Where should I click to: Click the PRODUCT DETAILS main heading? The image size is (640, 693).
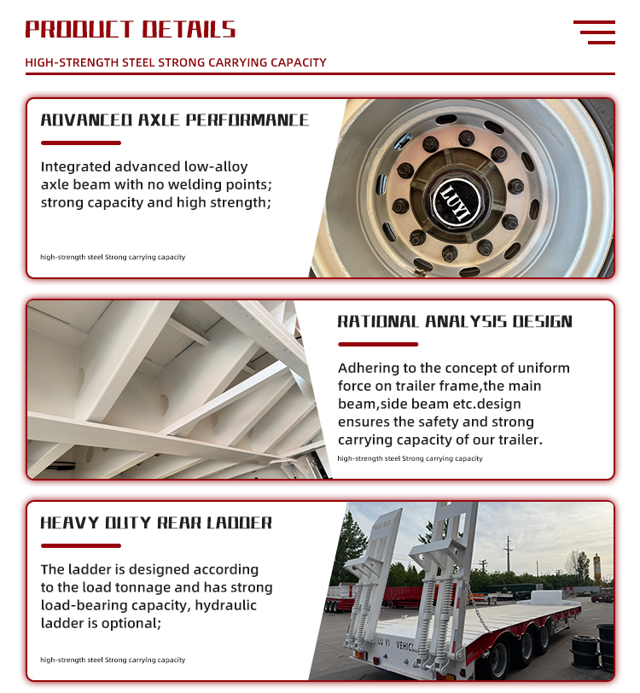[130, 30]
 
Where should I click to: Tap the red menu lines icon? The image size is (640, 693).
[595, 32]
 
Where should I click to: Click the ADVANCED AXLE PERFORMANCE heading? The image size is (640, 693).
[174, 120]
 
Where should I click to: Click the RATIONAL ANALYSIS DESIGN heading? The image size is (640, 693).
[455, 322]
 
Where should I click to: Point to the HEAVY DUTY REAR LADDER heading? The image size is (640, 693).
[156, 522]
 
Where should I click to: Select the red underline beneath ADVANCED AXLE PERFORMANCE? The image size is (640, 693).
[81, 143]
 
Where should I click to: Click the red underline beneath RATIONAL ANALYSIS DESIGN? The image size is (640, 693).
[378, 345]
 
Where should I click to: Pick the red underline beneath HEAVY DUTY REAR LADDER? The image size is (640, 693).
[81, 545]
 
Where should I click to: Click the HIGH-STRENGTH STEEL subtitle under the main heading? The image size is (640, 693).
[176, 62]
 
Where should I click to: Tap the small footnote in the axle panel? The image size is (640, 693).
[113, 257]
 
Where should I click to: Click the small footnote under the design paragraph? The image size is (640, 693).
[410, 458]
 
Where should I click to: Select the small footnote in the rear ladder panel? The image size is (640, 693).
[113, 660]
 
